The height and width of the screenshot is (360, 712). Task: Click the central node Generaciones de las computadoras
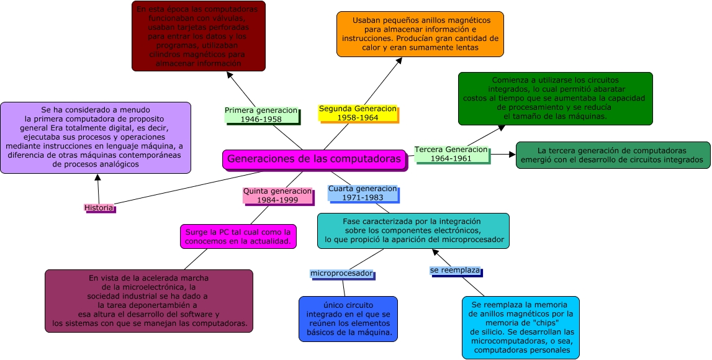point(314,160)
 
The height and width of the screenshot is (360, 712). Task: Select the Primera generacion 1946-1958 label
point(261,115)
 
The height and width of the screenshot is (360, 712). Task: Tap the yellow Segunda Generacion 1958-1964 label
point(357,113)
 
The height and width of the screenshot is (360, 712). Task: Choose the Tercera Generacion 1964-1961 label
point(451,154)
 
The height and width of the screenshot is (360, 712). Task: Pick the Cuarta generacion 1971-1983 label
point(363,193)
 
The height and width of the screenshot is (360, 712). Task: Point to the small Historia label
point(99,208)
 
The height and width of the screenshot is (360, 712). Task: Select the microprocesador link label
point(341,274)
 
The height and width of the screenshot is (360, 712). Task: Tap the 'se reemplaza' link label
point(455,271)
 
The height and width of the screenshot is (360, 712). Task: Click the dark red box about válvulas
point(199,36)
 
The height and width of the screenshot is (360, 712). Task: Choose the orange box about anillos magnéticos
point(420,34)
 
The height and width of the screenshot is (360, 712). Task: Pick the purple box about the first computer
point(95,137)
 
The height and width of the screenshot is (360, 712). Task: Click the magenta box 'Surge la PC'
point(238,236)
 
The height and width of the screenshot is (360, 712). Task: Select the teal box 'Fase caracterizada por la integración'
point(413,230)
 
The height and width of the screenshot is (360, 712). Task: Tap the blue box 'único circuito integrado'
point(348,318)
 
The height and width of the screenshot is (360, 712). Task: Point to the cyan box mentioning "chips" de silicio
point(520,327)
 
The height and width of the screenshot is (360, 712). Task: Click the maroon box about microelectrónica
point(149,300)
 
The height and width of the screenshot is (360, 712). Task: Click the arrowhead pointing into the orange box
point(400,60)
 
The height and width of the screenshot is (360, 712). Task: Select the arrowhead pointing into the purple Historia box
point(97,177)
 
